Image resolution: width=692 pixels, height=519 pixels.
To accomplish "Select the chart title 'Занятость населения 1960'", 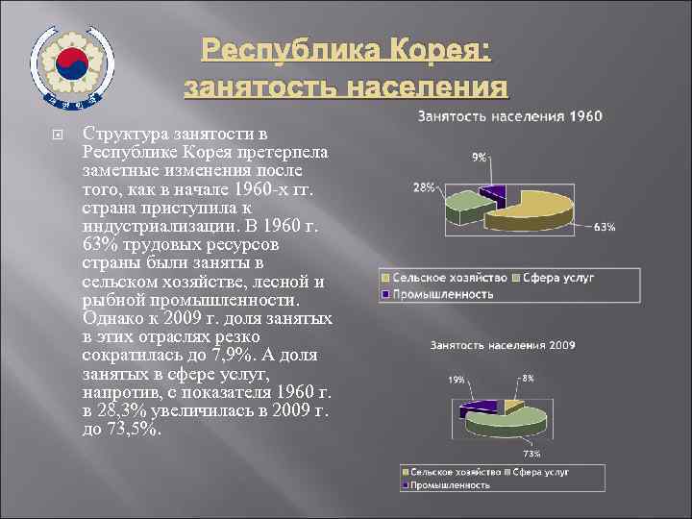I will click(509, 116).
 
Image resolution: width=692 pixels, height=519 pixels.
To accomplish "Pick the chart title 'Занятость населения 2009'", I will click(504, 343).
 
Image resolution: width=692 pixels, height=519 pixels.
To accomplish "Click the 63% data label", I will click(605, 228).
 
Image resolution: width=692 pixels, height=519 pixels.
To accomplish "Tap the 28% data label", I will click(424, 187).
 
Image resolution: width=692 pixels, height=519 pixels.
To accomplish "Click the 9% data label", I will click(479, 157).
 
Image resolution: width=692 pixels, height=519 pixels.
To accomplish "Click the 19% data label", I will click(457, 380).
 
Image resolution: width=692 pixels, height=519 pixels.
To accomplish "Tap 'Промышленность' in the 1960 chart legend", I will click(442, 293).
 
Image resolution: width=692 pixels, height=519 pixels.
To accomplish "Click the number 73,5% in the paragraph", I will click(128, 428).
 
